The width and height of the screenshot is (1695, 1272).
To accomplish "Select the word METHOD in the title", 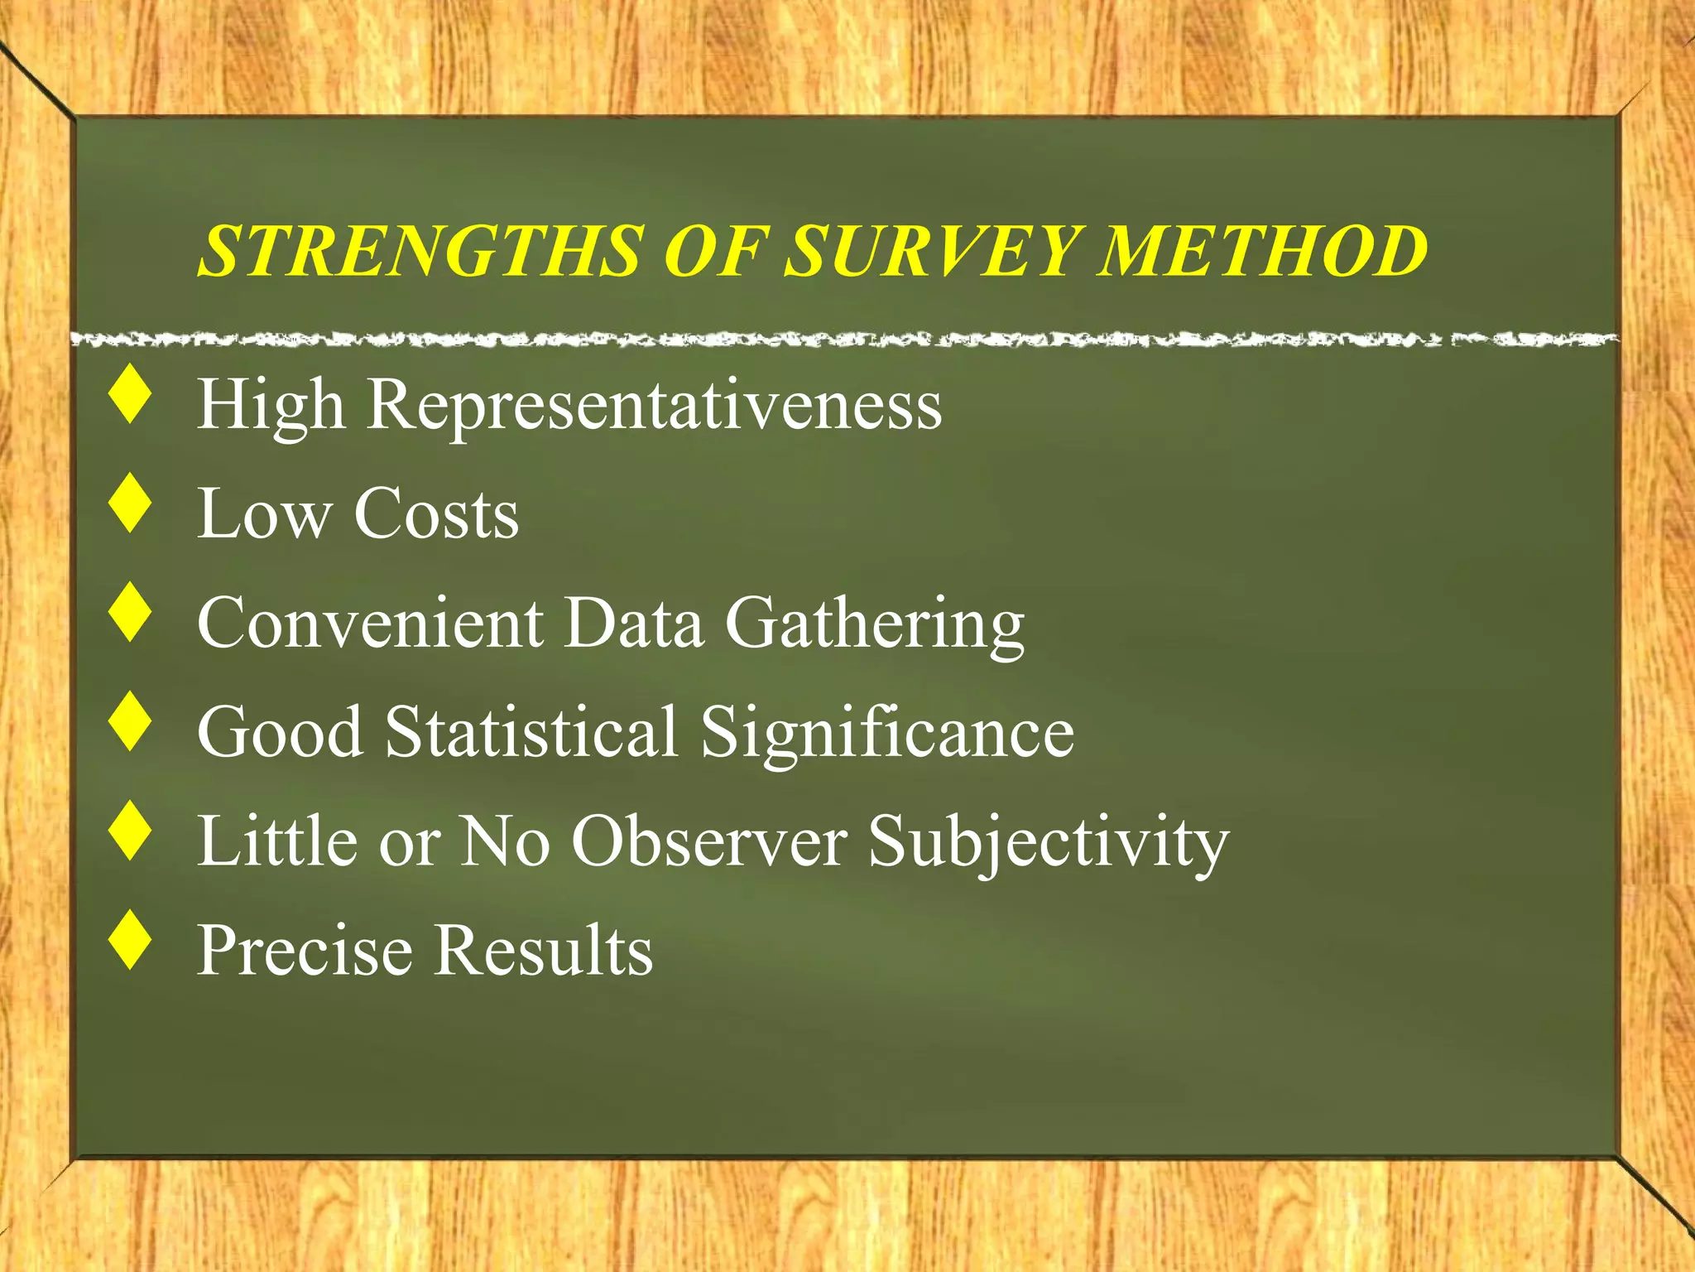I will (1263, 251).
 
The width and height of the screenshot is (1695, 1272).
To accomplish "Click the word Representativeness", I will (654, 406).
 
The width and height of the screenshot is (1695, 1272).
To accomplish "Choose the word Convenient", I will (370, 623).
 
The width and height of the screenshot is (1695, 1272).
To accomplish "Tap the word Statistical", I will (531, 731).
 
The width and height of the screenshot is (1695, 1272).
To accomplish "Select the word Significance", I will (887, 733).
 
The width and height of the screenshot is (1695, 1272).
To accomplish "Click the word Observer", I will (709, 841).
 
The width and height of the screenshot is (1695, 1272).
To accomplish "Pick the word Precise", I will (304, 950).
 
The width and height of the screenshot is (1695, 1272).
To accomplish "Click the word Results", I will (544, 950).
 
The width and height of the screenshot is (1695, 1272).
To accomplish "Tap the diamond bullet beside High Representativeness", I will (131, 397).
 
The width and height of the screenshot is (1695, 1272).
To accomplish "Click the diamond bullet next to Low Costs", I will (131, 503).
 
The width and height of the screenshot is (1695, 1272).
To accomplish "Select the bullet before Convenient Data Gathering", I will (131, 613).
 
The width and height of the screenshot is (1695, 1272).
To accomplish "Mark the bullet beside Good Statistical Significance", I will (131, 722).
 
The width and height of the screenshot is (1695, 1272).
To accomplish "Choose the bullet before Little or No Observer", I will (131, 831).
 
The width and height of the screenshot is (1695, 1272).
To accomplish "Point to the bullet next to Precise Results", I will (131, 940).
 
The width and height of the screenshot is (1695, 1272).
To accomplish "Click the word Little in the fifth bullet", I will (277, 841).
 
